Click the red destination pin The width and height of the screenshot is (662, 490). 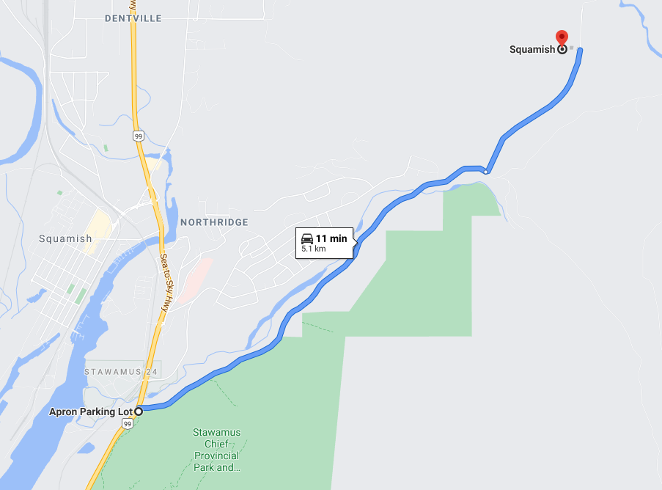click(x=562, y=37)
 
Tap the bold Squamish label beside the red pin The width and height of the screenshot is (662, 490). click(x=532, y=50)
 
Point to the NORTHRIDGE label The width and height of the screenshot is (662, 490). click(x=214, y=222)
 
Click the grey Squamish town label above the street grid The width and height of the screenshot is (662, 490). click(x=66, y=238)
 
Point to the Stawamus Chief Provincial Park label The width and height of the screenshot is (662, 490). click(x=216, y=450)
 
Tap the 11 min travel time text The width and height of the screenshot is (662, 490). click(x=331, y=238)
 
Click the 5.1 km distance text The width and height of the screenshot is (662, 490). click(x=313, y=249)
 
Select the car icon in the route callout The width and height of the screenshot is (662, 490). click(x=307, y=238)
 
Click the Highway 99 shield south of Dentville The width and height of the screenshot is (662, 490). click(x=138, y=136)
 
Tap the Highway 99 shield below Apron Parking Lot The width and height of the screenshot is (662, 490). click(x=128, y=424)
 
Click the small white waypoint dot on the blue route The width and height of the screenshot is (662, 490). click(x=485, y=172)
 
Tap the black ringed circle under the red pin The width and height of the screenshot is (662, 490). click(x=562, y=50)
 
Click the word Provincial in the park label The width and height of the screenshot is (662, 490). click(x=216, y=456)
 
